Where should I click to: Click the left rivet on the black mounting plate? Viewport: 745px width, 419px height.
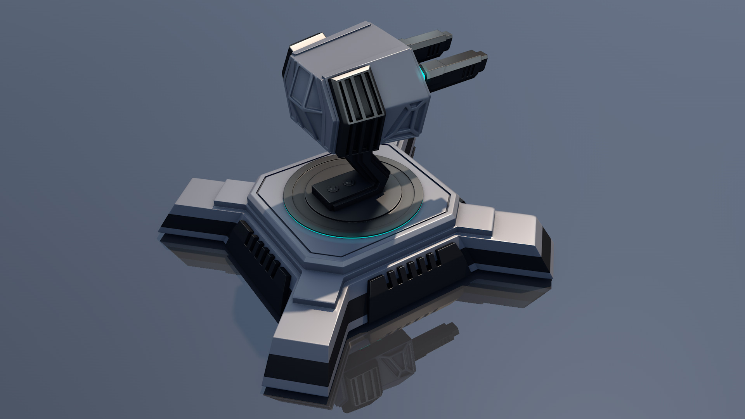pyautogui.click(x=332, y=188)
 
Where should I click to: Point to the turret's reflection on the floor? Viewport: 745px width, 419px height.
pyautogui.click(x=388, y=365)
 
